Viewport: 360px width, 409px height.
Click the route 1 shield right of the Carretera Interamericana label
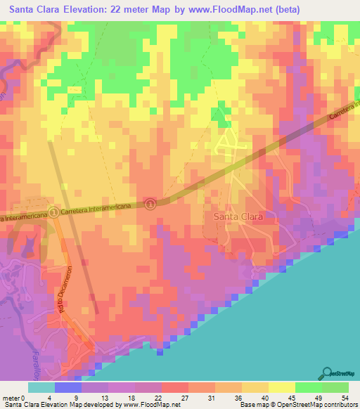coord(150,203)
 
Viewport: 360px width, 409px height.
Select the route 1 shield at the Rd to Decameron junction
coord(55,214)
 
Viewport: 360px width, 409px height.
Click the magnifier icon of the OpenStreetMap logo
coord(328,372)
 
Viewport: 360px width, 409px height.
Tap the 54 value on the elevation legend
coord(344,397)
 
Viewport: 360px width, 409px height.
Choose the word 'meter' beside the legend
coord(10,397)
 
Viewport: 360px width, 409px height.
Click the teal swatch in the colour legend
coord(41,387)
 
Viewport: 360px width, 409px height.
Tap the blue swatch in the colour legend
coord(68,387)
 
